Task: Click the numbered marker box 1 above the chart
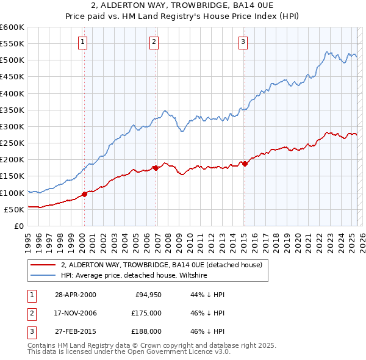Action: coord(82,42)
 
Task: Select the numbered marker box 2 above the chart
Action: coord(154,42)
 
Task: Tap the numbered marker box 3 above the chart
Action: coord(243,42)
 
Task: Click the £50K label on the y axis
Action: coord(15,209)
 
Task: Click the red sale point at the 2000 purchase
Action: coord(85,194)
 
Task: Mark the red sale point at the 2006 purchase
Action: coord(156,167)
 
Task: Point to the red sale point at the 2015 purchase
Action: coord(245,164)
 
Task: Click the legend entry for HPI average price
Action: coord(134,276)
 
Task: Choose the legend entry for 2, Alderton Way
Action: coord(162,265)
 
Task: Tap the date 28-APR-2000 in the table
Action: coord(76,295)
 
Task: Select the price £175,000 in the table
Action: coord(146,313)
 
